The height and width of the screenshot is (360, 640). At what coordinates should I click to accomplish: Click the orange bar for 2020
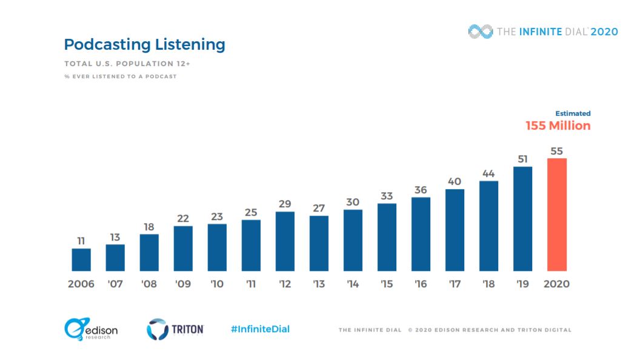tap(557, 215)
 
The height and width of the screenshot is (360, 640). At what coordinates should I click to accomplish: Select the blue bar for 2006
tap(81, 259)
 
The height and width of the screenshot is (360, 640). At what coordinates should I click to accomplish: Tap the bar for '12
tap(285, 241)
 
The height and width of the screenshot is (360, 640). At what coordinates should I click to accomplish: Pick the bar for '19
tap(522, 219)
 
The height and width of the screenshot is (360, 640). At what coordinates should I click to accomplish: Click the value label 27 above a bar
tap(319, 208)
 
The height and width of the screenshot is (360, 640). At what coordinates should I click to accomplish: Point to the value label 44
tap(488, 173)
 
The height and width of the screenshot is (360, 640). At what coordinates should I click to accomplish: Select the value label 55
tap(557, 151)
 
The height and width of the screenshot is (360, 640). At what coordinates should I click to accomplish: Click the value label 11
tap(81, 241)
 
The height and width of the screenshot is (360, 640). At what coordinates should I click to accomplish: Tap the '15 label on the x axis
tap(387, 284)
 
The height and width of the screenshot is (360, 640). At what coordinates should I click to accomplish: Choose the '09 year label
tap(183, 284)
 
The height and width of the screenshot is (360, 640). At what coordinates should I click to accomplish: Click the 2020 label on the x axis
tap(557, 284)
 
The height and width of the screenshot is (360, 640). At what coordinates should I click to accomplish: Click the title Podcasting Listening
tap(144, 44)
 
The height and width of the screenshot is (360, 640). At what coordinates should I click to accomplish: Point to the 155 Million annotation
tap(558, 126)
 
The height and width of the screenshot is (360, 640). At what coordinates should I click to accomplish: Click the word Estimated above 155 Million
tap(573, 113)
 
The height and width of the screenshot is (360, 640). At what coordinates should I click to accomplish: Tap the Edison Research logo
tap(91, 329)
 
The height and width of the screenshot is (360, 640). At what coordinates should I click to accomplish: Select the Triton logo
tap(175, 329)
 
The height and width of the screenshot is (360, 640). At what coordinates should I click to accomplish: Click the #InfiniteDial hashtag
tap(260, 329)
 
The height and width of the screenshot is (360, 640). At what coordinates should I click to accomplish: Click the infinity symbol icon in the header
tap(481, 32)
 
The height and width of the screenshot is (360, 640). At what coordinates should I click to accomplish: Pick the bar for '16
tap(421, 234)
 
